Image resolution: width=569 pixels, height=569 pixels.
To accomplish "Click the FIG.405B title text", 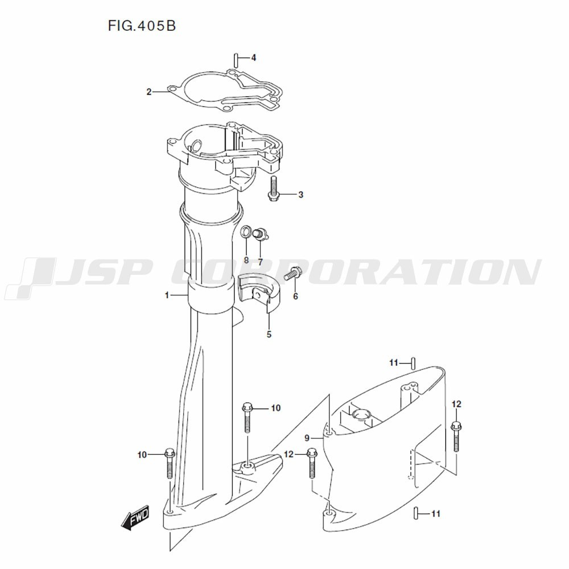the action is click(x=142, y=26).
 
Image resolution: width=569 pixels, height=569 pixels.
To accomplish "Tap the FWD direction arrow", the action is click(x=135, y=517).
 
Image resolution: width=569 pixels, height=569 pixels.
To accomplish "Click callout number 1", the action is click(x=167, y=295).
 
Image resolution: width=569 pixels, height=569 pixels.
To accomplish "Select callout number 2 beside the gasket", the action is click(x=149, y=92).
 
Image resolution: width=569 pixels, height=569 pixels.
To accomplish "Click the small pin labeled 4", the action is click(x=236, y=60).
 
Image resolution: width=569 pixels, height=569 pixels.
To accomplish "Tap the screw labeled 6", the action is click(x=291, y=273).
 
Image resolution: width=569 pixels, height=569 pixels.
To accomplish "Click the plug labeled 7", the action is click(x=261, y=234).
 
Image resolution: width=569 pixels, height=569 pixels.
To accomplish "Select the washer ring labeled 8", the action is click(x=246, y=232).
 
